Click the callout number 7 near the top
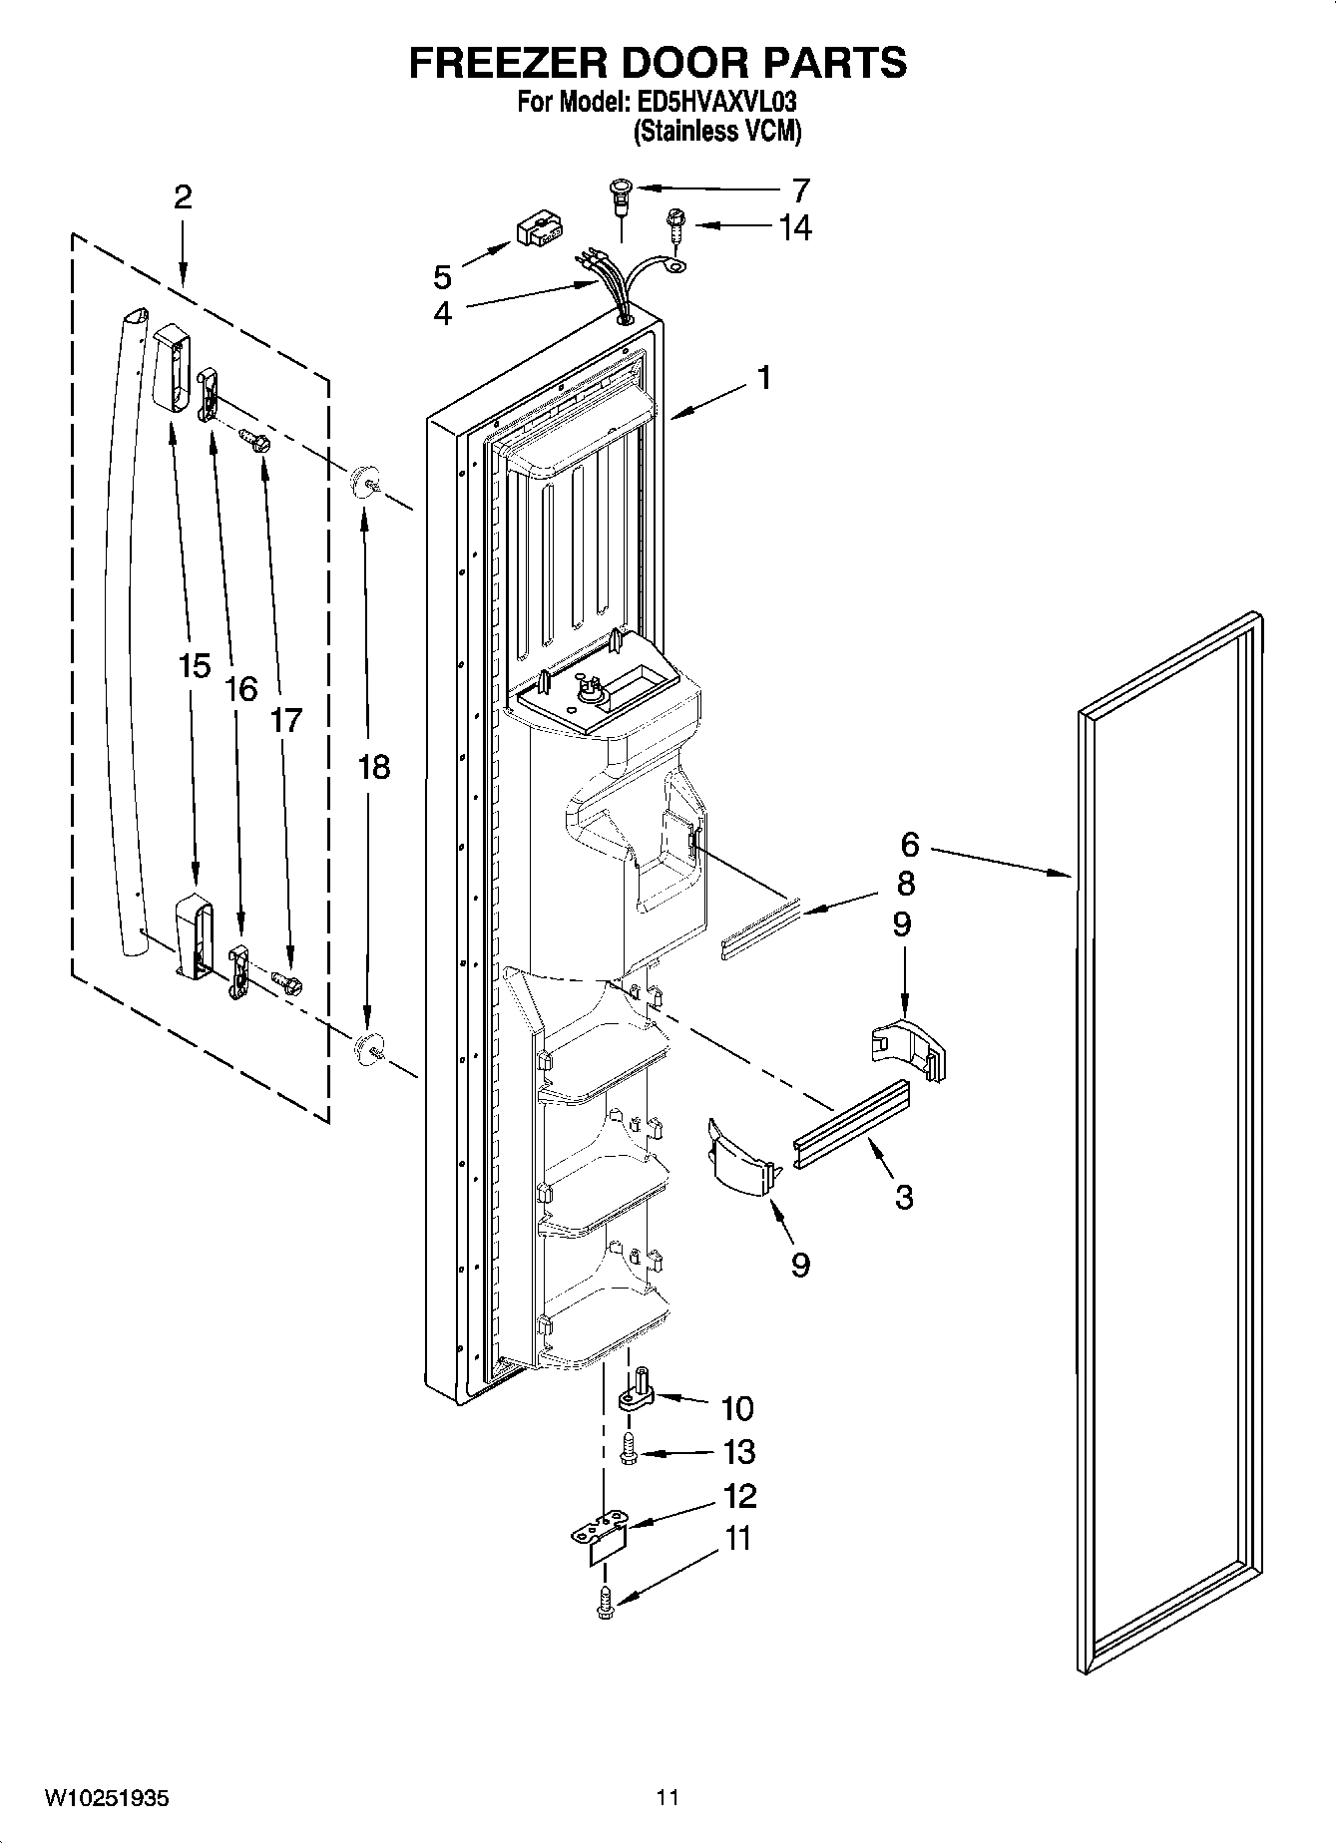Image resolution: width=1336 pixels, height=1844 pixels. click(x=799, y=189)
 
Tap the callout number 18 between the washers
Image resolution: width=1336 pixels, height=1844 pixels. click(x=373, y=767)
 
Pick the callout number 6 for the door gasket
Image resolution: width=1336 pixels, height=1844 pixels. click(x=909, y=845)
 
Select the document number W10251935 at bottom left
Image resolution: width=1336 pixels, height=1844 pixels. click(x=107, y=1798)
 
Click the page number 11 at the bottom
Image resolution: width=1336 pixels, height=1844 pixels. click(x=668, y=1798)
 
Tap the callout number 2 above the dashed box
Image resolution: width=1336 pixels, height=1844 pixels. click(x=182, y=196)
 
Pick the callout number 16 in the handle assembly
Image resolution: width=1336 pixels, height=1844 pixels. click(x=240, y=688)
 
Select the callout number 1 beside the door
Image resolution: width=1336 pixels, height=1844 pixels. click(x=763, y=378)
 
